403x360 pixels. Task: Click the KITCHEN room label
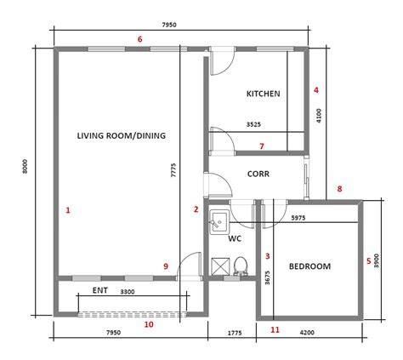click(264, 94)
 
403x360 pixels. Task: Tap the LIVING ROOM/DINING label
click(122, 135)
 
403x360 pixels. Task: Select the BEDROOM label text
click(309, 266)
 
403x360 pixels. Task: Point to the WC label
click(235, 239)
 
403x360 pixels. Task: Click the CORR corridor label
click(258, 174)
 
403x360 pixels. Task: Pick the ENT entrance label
click(100, 290)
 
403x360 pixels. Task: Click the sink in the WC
click(219, 222)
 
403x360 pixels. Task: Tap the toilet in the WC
click(241, 266)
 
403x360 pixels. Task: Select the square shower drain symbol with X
click(220, 266)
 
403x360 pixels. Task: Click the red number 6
click(139, 39)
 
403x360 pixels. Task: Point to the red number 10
click(149, 324)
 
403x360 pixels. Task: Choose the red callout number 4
click(316, 90)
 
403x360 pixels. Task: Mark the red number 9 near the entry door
click(166, 266)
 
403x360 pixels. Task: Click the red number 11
click(275, 330)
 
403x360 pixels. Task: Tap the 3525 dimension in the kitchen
click(253, 124)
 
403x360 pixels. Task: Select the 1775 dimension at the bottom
click(235, 333)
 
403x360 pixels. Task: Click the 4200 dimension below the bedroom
click(307, 332)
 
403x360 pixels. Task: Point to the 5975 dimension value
click(298, 218)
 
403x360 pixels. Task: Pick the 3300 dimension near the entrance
click(128, 292)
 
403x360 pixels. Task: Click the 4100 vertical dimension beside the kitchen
click(319, 116)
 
